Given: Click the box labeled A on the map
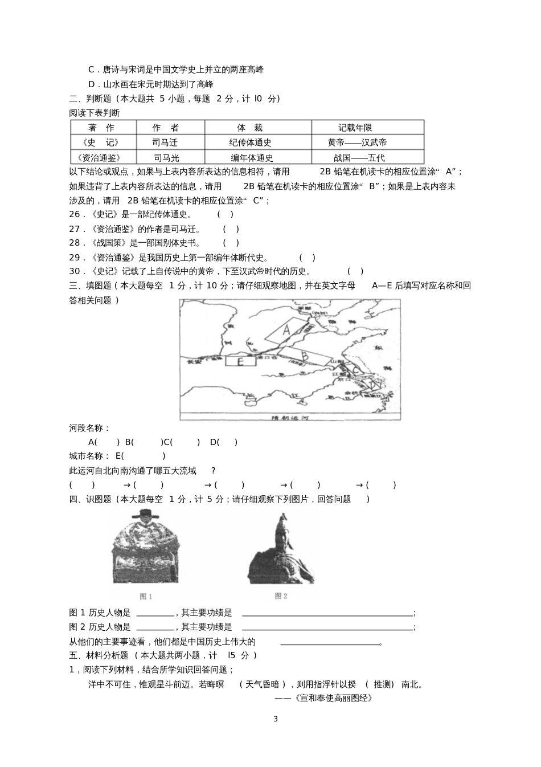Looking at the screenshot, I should [286, 330].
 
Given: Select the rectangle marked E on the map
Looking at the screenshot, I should [240, 361].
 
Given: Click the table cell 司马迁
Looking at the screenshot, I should [165, 142].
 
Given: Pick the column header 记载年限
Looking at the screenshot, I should [355, 128].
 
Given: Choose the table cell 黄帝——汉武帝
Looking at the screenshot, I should [357, 142].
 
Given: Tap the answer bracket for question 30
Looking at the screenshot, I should [355, 272].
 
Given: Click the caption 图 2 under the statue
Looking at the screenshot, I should [281, 596].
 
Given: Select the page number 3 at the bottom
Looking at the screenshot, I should [276, 719].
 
